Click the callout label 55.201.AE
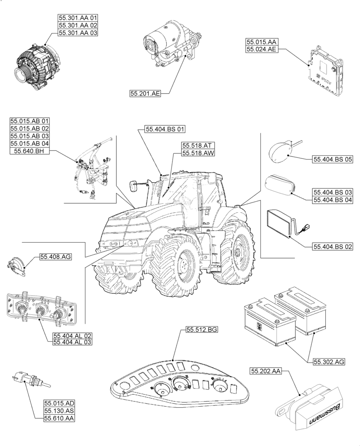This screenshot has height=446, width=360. tap(145, 93)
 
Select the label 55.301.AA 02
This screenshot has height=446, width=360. tap(78, 25)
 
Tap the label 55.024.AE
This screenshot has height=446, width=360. tap(262, 49)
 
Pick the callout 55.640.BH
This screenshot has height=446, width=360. tap(29, 152)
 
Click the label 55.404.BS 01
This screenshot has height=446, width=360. tap(165, 129)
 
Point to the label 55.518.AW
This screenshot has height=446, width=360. tap(198, 153)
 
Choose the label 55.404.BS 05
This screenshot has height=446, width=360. tap(332, 159)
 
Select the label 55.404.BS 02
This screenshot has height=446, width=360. tap(332, 246)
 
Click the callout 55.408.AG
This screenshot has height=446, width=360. tap(56, 256)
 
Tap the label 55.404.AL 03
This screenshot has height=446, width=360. tap(72, 342)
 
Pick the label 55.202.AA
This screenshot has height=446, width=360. tap(266, 371)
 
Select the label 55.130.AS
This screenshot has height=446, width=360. tap(59, 410)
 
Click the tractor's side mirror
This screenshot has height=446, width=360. tap(133, 186)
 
